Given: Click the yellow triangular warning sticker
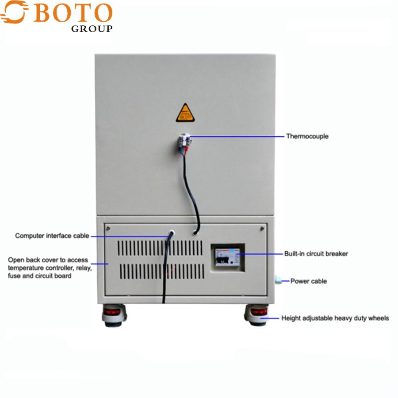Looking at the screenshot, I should (185, 113).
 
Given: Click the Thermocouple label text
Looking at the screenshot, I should (307, 136).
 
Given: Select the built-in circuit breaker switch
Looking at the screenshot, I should (226, 256).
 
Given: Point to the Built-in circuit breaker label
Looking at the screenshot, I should (316, 254).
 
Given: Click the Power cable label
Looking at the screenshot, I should (309, 281).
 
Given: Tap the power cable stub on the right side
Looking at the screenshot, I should (279, 280).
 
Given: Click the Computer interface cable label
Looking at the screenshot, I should (52, 236).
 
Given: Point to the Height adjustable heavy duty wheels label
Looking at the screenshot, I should (335, 318).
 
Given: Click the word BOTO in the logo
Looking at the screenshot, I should (73, 14).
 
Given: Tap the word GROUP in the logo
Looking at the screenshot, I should (92, 29).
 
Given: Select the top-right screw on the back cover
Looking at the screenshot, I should (262, 228).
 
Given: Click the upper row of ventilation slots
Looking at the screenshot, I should (161, 249).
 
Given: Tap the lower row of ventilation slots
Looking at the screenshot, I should (161, 271).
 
